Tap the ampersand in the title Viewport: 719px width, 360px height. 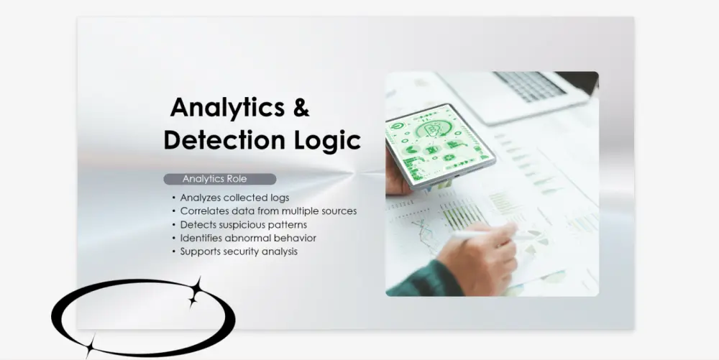pos(301,108)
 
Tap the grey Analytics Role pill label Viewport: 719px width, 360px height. pos(219,179)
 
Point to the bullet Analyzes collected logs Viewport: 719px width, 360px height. pos(234,198)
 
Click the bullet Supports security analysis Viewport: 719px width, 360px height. pos(239,251)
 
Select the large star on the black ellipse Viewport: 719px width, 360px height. pos(194,291)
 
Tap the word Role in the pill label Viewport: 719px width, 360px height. pos(237,179)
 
